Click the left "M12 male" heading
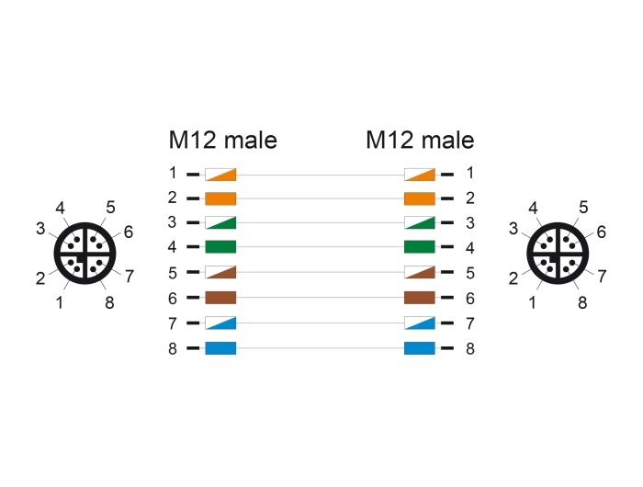click(x=222, y=140)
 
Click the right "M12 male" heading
click(x=420, y=140)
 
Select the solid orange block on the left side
click(x=220, y=198)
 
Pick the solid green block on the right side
click(x=420, y=247)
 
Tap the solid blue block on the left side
click(x=220, y=348)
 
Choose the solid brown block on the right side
click(x=420, y=298)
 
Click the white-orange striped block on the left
click(x=220, y=175)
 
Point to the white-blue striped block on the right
click(x=420, y=323)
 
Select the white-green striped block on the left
click(x=220, y=222)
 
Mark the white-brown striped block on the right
click(x=420, y=272)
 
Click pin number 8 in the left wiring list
click(x=173, y=349)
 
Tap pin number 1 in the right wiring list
click(x=470, y=173)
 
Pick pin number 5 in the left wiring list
click(x=173, y=273)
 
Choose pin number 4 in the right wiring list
click(x=470, y=248)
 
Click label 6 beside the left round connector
click(x=129, y=232)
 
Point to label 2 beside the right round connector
click(x=513, y=278)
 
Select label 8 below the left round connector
click(x=109, y=303)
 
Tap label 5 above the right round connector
click(x=583, y=208)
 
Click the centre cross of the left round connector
click(x=85, y=254)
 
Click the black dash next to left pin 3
click(x=193, y=222)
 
